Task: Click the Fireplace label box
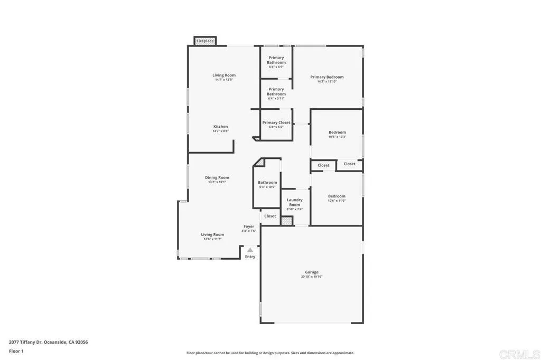click(205, 41)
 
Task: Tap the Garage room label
click(311, 272)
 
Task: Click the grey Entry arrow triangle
click(250, 250)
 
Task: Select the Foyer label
click(249, 226)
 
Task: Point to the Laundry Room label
click(294, 202)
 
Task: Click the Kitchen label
click(220, 127)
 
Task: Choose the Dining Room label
click(217, 177)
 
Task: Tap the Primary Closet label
click(276, 122)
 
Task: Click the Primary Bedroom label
click(327, 77)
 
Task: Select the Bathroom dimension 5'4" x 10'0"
click(267, 187)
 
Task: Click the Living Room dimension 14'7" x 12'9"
click(225, 80)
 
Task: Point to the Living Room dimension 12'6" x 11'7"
click(212, 239)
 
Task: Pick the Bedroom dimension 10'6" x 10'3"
click(337, 137)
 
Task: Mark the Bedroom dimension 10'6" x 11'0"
click(337, 201)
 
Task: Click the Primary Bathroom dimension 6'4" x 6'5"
click(276, 67)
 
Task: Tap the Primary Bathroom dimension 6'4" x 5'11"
click(276, 99)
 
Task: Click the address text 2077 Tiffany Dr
click(48, 342)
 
